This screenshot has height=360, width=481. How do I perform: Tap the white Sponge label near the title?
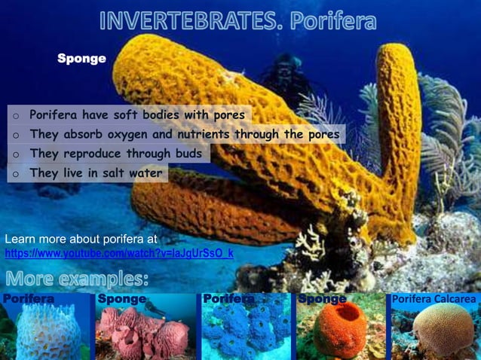click(81, 58)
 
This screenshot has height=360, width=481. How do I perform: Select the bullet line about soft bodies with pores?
click(136, 115)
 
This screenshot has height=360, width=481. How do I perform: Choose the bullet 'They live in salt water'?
click(96, 173)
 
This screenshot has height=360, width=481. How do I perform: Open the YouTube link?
click(119, 253)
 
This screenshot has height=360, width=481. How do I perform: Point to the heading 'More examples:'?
click(76, 279)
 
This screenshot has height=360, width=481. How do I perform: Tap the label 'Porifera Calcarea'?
click(434, 299)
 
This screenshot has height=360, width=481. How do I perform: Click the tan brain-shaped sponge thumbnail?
click(438, 331)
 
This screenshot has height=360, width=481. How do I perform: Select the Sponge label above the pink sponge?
click(121, 299)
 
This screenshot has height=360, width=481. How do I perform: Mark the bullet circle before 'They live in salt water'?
click(14, 174)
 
